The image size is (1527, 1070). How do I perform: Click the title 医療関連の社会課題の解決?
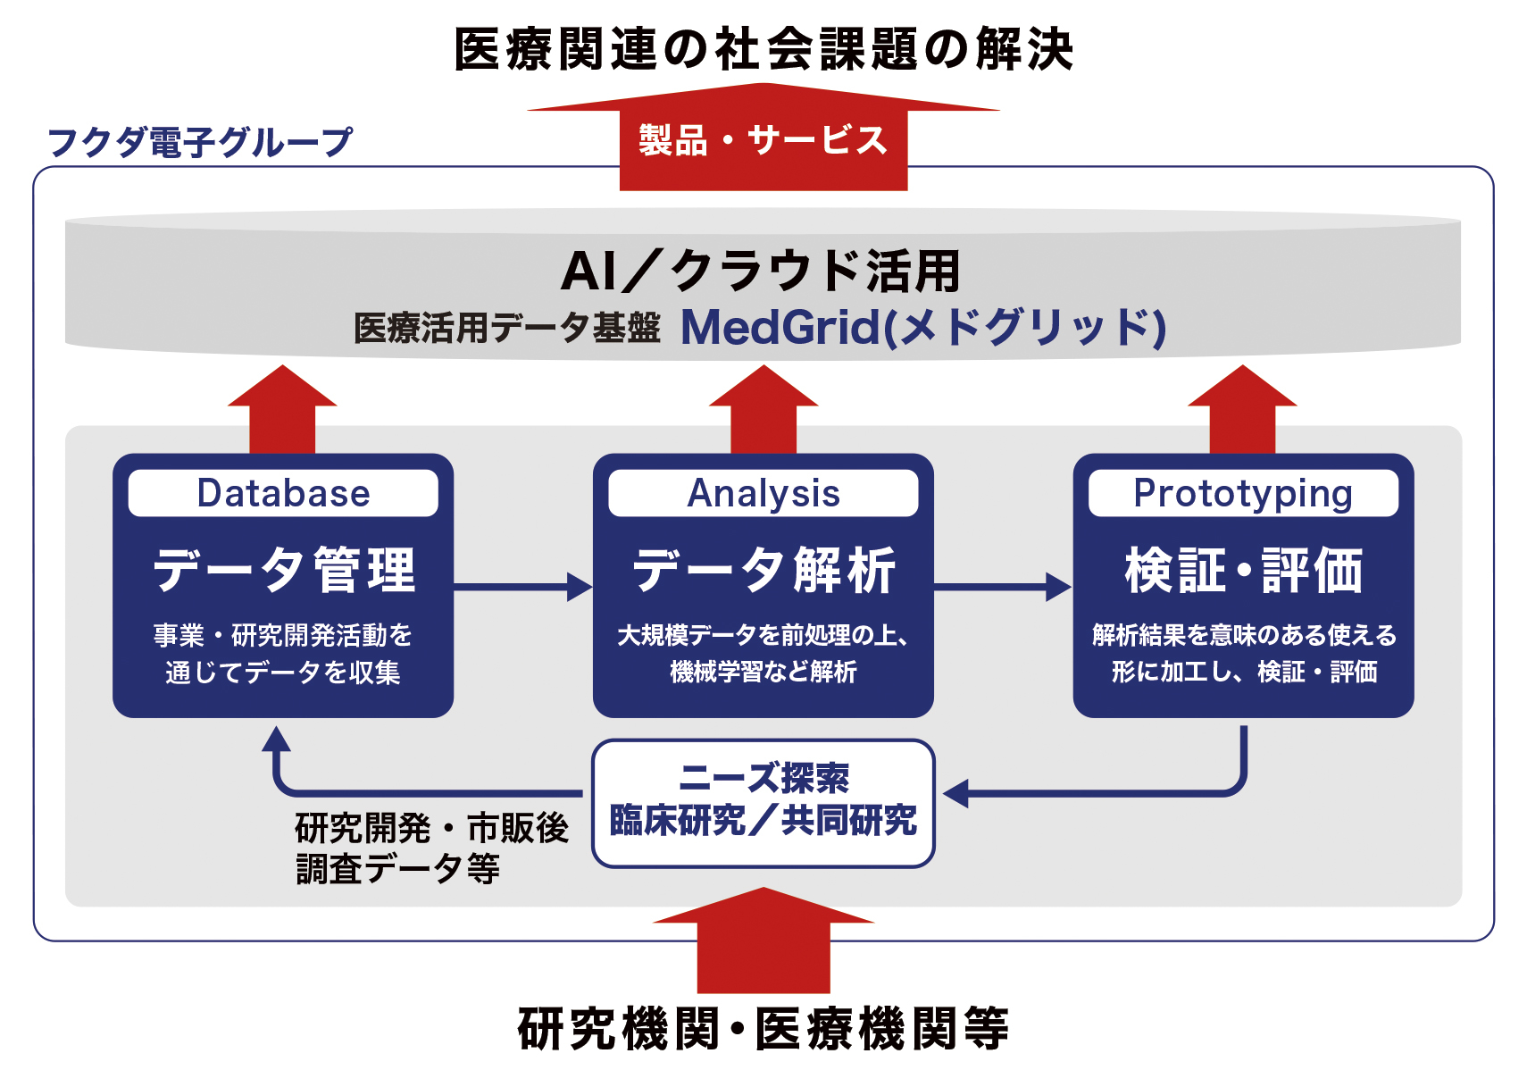pyautogui.click(x=763, y=49)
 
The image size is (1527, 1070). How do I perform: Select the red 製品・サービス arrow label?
pyautogui.click(x=763, y=141)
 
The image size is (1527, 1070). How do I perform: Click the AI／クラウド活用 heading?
pyautogui.click(x=761, y=272)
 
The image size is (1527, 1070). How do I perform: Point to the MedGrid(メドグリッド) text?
pyautogui.click(x=923, y=328)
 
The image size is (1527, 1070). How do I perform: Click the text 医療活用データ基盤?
pyautogui.click(x=506, y=329)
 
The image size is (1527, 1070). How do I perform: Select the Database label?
pyautogui.click(x=283, y=493)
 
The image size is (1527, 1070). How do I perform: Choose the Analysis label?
pyautogui.click(x=763, y=493)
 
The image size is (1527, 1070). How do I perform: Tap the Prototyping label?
pyautogui.click(x=1243, y=493)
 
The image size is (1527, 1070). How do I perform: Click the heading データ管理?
pyautogui.click(x=284, y=570)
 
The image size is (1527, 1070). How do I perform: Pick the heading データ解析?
pyautogui.click(x=763, y=570)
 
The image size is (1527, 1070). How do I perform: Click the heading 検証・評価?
pyautogui.click(x=1243, y=570)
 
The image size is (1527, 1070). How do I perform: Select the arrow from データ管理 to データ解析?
pyautogui.click(x=523, y=587)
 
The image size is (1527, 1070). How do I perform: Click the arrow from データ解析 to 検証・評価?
pyautogui.click(x=1003, y=587)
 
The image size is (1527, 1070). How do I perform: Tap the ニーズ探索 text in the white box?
pyautogui.click(x=763, y=778)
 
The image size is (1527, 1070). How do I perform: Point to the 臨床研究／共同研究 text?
pyautogui.click(x=763, y=820)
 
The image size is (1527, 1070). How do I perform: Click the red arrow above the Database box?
pyautogui.click(x=282, y=411)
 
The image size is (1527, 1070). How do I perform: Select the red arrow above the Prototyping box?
pyautogui.click(x=1242, y=411)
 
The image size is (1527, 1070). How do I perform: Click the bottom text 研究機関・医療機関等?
pyautogui.click(x=763, y=1029)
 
